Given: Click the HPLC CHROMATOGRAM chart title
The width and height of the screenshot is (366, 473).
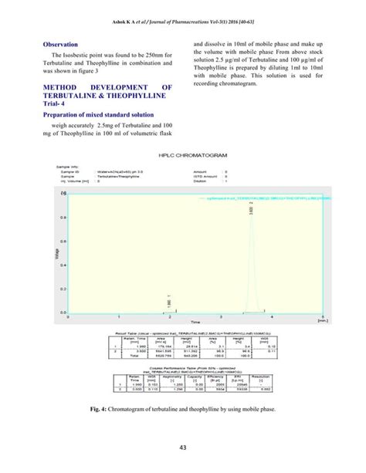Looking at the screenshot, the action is [187, 154].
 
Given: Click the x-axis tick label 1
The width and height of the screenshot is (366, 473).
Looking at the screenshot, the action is [118, 316].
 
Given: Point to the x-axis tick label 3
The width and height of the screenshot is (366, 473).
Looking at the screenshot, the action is [220, 316].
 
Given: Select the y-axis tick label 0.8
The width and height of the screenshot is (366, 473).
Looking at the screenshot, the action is [61, 216].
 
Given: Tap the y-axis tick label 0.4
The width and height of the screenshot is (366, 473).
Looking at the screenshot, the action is [61, 264].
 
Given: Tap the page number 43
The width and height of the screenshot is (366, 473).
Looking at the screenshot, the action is [183, 448].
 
